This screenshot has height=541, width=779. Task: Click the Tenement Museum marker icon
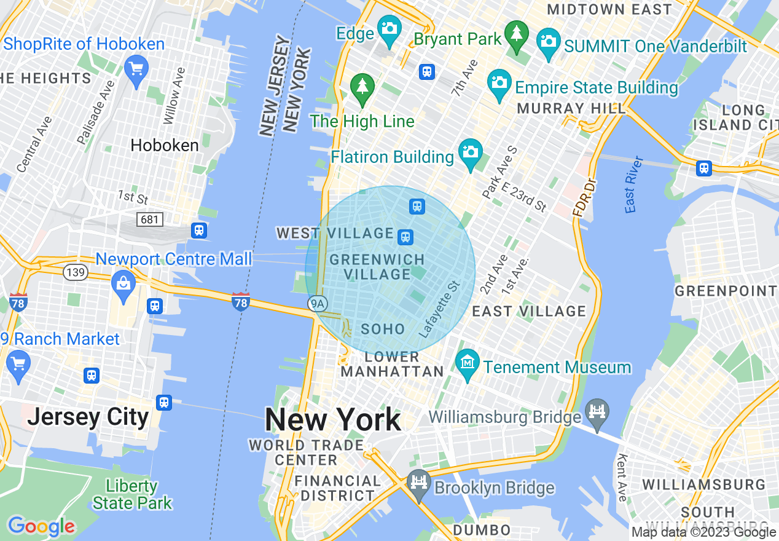(468, 363)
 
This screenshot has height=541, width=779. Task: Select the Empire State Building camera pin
(499, 83)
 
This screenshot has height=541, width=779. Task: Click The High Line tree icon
(362, 87)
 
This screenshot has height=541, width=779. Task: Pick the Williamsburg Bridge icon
(597, 409)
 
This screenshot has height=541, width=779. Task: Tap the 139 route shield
(75, 272)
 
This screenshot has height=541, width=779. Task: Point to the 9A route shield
(318, 303)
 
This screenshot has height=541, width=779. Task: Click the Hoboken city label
(165, 146)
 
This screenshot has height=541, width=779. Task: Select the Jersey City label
(88, 417)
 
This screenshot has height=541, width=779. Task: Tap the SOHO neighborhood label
(383, 329)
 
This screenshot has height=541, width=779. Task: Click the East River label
(634, 185)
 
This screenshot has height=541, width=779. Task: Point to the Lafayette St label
(439, 309)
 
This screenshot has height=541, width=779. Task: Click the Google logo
(41, 526)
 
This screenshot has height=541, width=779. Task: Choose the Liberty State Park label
(132, 494)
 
